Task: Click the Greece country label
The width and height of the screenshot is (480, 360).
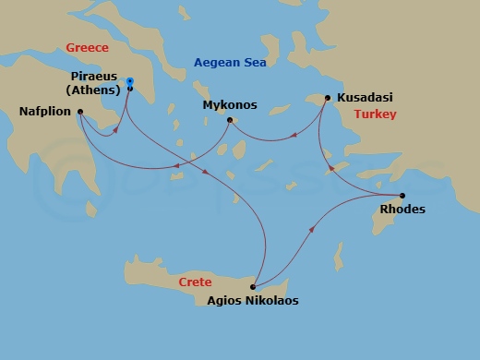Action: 88,48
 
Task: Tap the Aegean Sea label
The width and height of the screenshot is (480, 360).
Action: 229,63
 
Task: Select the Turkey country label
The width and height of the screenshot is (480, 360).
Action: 375,114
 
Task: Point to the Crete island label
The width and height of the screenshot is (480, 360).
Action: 194,282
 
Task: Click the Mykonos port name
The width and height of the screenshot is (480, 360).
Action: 229,105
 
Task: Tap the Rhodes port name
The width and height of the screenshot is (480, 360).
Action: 402,210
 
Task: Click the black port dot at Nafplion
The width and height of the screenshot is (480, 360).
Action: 80,113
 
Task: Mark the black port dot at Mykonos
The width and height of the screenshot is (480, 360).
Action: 231,118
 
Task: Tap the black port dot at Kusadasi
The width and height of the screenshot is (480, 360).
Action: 327,96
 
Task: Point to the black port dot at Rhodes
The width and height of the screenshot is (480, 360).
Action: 402,195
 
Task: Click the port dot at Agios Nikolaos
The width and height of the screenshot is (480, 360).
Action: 252,286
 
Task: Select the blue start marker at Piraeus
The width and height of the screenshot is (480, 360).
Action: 130,80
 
